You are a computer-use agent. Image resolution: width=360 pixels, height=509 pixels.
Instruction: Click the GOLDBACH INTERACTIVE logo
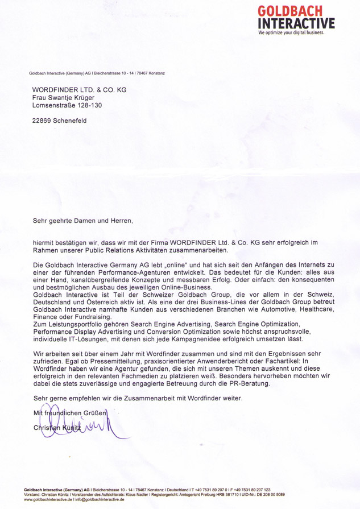click(293, 18)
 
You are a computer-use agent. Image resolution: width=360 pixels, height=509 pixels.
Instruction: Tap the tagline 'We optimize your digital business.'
click(291, 33)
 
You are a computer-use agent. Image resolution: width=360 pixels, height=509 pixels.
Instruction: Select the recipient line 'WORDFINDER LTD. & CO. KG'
click(79, 90)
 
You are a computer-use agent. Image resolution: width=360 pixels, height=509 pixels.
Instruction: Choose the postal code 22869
click(43, 121)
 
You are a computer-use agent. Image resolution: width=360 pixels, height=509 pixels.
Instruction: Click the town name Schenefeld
click(73, 121)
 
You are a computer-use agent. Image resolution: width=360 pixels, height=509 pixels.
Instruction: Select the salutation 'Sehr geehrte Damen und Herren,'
click(82, 219)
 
